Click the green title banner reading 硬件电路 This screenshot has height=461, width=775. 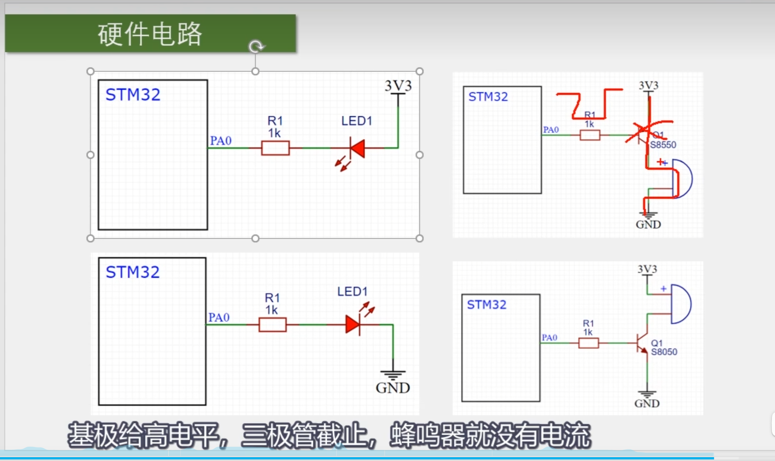(x=150, y=34)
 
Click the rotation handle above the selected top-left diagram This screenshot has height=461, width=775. (x=256, y=46)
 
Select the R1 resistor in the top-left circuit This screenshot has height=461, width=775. (x=275, y=148)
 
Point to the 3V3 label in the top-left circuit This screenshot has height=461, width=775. (x=398, y=86)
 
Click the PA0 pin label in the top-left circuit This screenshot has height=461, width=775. (x=221, y=141)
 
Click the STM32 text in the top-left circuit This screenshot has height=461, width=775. (x=133, y=95)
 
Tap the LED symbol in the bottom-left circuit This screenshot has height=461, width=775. (x=353, y=324)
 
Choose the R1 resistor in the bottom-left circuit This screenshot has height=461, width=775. (x=273, y=325)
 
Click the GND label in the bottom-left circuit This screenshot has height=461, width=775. (x=393, y=388)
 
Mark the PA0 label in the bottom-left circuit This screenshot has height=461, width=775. (x=219, y=318)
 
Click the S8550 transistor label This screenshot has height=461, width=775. (x=663, y=145)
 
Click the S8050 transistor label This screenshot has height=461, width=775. (x=664, y=352)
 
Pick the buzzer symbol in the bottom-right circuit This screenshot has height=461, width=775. (x=681, y=304)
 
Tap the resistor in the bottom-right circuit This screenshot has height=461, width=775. (x=589, y=343)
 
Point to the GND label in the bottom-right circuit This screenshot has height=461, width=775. (x=647, y=404)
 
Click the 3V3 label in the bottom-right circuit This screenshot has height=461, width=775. (x=647, y=269)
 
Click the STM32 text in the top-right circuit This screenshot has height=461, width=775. (x=488, y=97)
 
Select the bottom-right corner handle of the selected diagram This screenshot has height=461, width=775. (x=419, y=238)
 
